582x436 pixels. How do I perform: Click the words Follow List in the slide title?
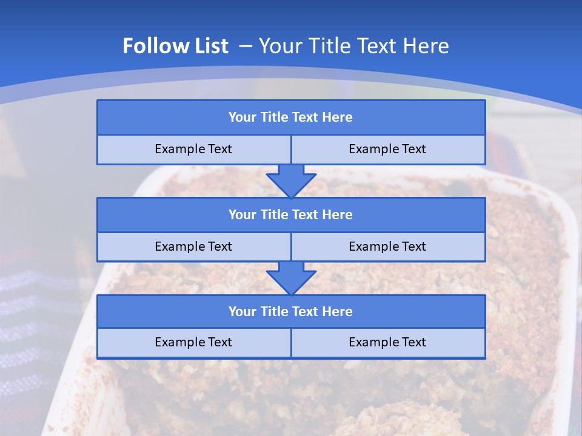click(x=176, y=46)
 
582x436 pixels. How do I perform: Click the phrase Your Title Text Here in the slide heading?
click(x=354, y=46)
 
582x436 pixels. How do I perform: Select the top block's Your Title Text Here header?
click(x=290, y=117)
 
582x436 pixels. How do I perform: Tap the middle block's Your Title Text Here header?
click(x=290, y=214)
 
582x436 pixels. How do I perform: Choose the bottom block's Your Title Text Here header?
click(x=290, y=311)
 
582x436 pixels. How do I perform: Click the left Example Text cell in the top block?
click(x=193, y=149)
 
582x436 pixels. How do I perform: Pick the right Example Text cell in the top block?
click(x=387, y=149)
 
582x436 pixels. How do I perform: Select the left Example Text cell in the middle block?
click(x=193, y=246)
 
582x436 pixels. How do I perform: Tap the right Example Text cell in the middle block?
click(x=387, y=246)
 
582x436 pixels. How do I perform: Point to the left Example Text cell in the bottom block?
click(x=193, y=342)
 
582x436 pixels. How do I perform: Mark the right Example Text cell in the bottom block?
click(x=387, y=342)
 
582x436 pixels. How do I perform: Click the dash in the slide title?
click(x=246, y=46)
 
